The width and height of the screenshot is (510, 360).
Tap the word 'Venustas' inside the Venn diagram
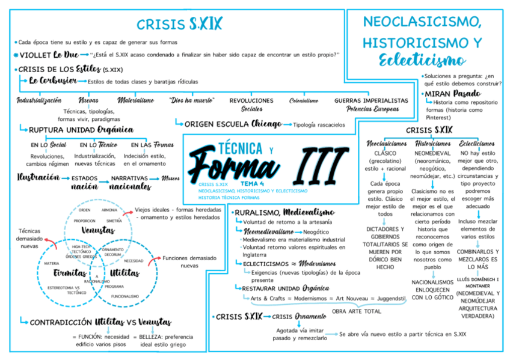click(x=97, y=230)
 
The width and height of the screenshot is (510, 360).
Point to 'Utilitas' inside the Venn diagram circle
click(x=124, y=273)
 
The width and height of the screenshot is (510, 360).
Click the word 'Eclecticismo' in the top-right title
click(x=422, y=60)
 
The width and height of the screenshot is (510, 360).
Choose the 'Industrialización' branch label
click(x=38, y=100)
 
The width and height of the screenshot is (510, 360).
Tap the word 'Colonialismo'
click(x=304, y=101)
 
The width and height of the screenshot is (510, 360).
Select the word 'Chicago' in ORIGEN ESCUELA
click(x=266, y=124)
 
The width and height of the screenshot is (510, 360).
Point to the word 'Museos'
click(x=170, y=178)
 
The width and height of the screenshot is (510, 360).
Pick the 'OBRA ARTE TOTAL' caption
click(x=357, y=311)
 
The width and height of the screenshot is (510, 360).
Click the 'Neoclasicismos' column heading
click(x=387, y=144)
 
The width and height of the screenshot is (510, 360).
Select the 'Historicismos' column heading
click(x=432, y=144)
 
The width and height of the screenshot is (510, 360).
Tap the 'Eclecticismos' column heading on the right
click(x=477, y=144)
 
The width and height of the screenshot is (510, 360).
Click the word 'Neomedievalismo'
click(x=269, y=231)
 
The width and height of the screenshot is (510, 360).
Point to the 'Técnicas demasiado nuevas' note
click(x=29, y=238)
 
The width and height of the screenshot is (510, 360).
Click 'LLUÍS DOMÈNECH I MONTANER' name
click(x=477, y=283)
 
